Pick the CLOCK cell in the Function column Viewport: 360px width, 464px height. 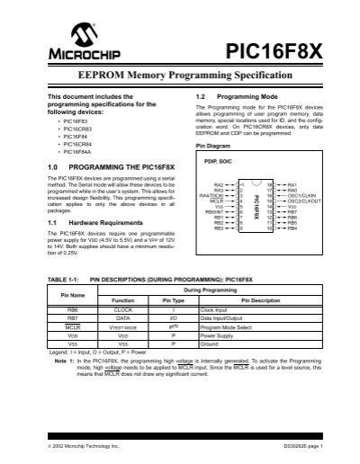coord(123,308)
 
